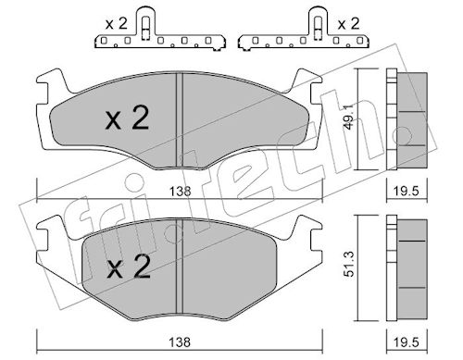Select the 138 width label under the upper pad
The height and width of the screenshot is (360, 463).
coord(181,192)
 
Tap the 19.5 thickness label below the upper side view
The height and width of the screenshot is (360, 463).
coord(407,192)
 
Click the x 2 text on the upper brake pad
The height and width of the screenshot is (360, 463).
coord(127,118)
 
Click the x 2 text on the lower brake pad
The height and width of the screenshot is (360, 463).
coord(129,267)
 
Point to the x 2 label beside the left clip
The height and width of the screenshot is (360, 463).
coord(116,24)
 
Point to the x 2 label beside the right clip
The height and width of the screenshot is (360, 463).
coord(348,24)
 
